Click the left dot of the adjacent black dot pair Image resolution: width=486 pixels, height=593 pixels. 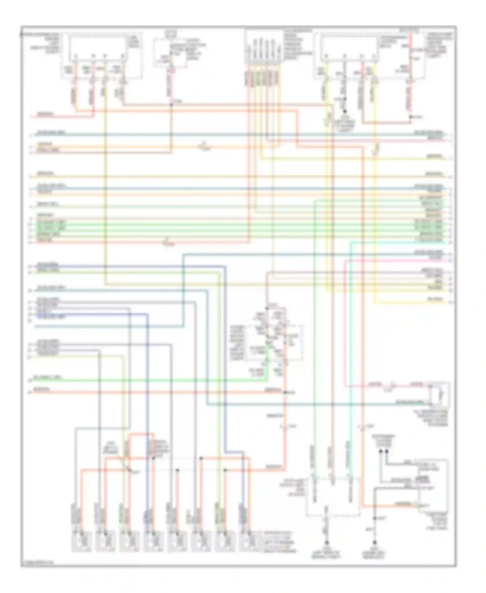coord(381,451)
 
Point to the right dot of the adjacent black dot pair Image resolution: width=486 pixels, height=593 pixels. coord(386,451)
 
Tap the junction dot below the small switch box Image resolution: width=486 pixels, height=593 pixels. coord(171,104)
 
